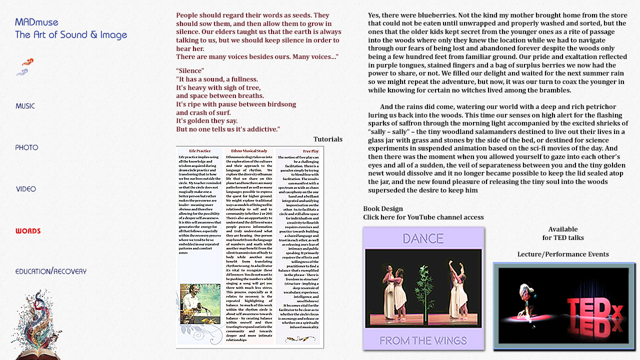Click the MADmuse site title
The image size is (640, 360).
[x=37, y=22]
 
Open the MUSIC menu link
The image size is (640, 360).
[x=25, y=106]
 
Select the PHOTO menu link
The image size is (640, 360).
[x=26, y=147]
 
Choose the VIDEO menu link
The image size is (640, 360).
[x=26, y=189]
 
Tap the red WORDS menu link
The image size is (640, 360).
[x=28, y=231]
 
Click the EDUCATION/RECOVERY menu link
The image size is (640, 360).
[x=51, y=271]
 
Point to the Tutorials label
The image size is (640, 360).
[x=328, y=139]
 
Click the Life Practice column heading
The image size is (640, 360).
[x=199, y=151]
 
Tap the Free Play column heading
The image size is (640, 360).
[x=310, y=151]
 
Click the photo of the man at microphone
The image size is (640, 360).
[x=200, y=303]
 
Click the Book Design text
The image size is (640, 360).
[x=383, y=208]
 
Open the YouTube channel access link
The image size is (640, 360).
[x=423, y=217]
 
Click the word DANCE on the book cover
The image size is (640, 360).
[x=423, y=238]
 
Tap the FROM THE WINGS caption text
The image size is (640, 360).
[x=423, y=340]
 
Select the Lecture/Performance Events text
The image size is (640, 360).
[x=563, y=254]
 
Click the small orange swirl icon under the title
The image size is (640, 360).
[x=28, y=62]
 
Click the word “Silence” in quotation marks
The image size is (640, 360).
[x=190, y=71]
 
